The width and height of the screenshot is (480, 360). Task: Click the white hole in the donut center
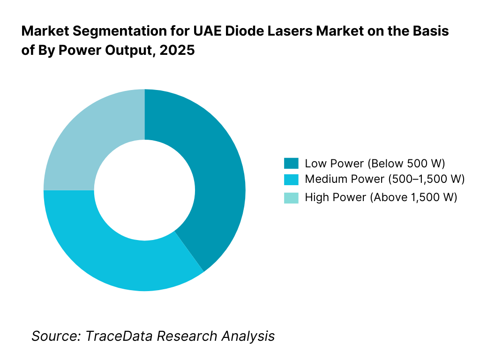(144, 190)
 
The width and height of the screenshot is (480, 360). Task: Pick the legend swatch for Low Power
(291, 164)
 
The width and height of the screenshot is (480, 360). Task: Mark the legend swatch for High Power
(291, 197)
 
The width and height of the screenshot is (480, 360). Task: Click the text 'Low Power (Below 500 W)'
(375, 164)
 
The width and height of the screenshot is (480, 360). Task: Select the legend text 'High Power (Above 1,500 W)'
(381, 197)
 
